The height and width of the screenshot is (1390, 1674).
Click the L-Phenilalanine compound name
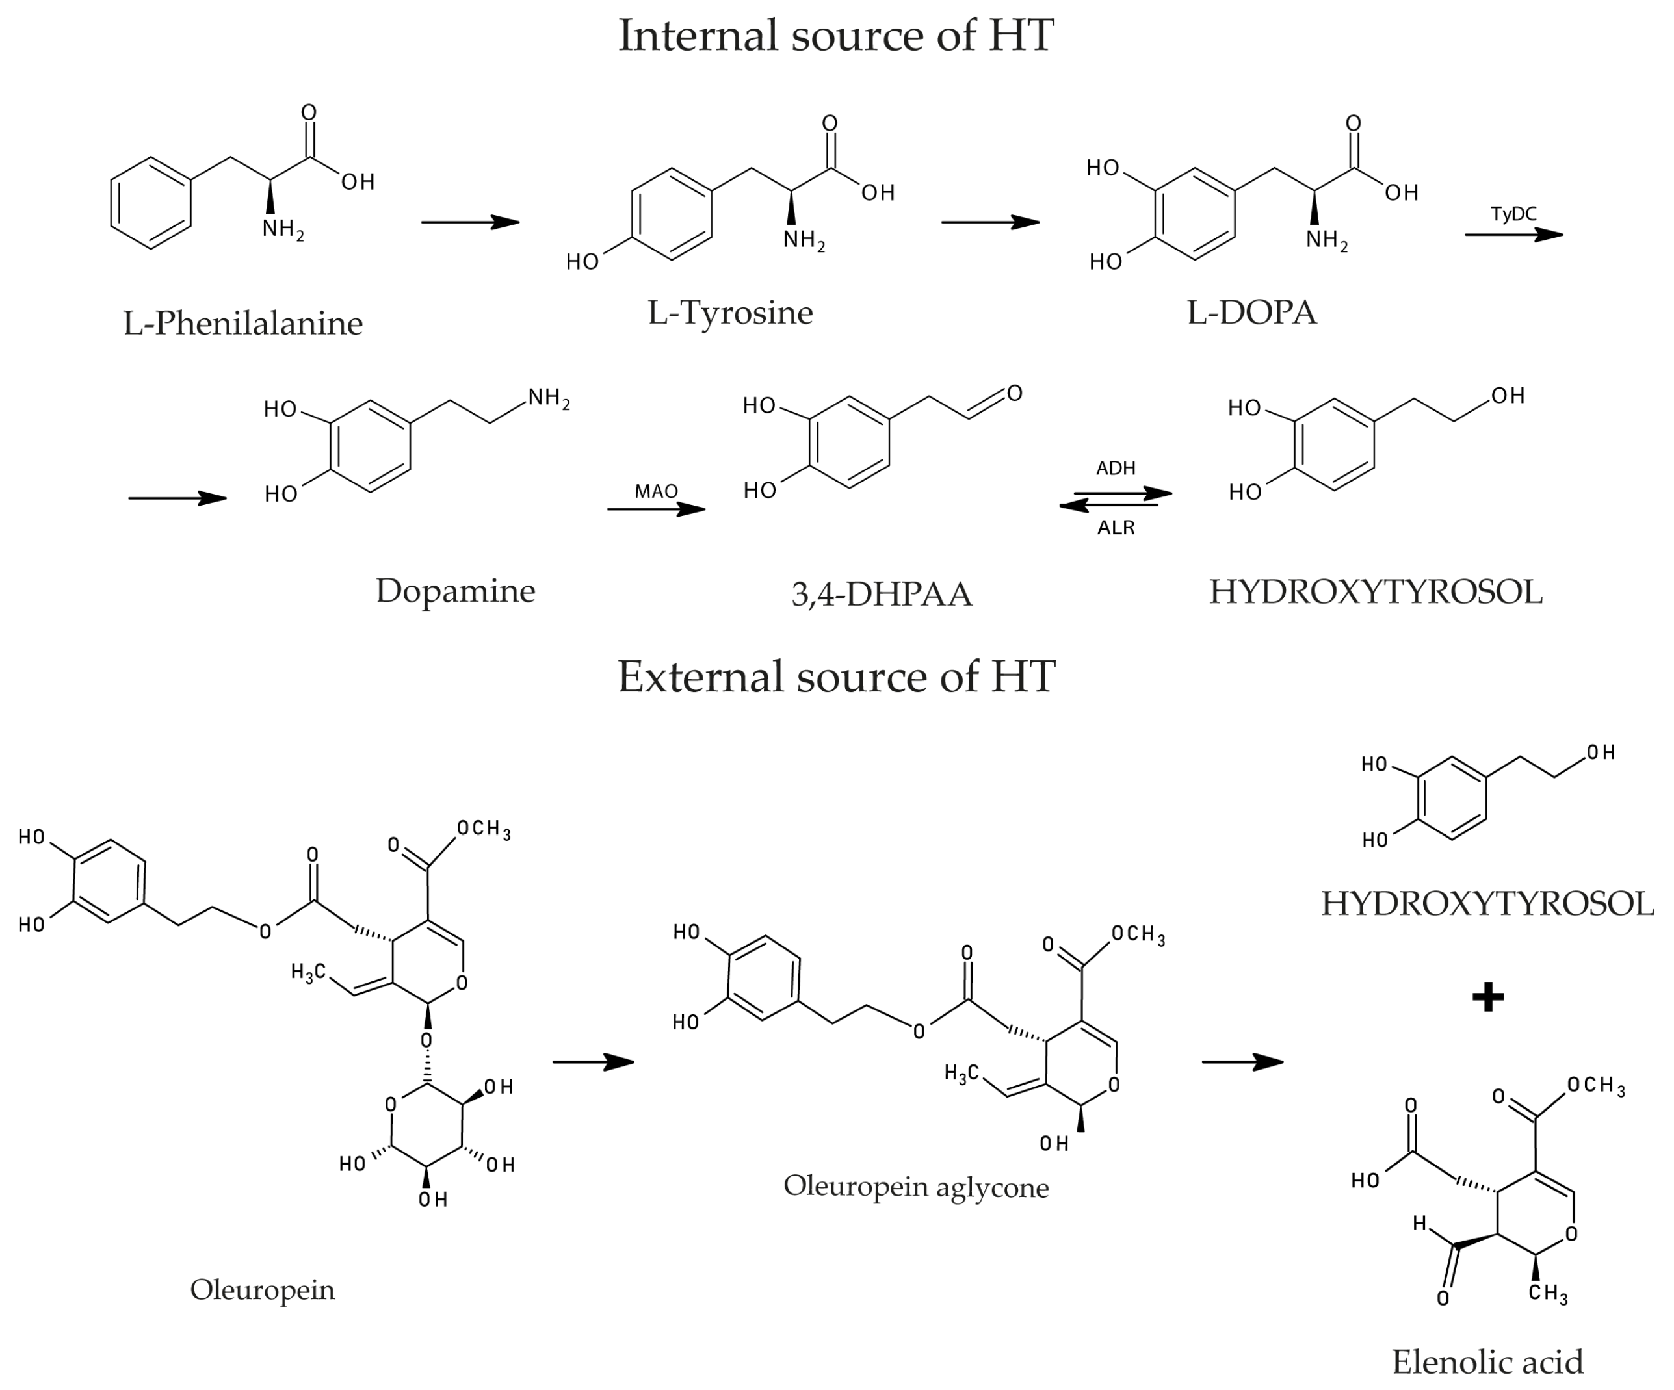click(x=242, y=324)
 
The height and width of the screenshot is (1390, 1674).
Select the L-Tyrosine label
click(x=730, y=313)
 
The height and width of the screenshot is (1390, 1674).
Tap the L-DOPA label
click(x=1251, y=313)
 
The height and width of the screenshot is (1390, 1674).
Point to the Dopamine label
click(x=455, y=591)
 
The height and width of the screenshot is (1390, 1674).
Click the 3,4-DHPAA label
click(x=882, y=594)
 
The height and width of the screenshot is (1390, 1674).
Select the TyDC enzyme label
click(x=1513, y=214)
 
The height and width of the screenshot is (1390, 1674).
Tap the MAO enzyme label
click(x=656, y=491)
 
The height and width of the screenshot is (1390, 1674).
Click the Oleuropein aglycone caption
click(x=916, y=1186)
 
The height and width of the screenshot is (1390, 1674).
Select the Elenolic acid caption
click(x=1487, y=1361)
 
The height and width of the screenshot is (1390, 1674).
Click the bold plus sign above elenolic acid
click(x=1487, y=997)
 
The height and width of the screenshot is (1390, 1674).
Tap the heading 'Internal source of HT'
click(x=836, y=36)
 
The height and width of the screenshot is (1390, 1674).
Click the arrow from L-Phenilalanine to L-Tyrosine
click(x=470, y=222)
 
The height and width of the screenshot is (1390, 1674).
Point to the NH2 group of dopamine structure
click(x=549, y=398)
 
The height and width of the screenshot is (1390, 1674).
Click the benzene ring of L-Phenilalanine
click(x=151, y=203)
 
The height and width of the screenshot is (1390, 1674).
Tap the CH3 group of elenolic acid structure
click(x=1547, y=1293)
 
